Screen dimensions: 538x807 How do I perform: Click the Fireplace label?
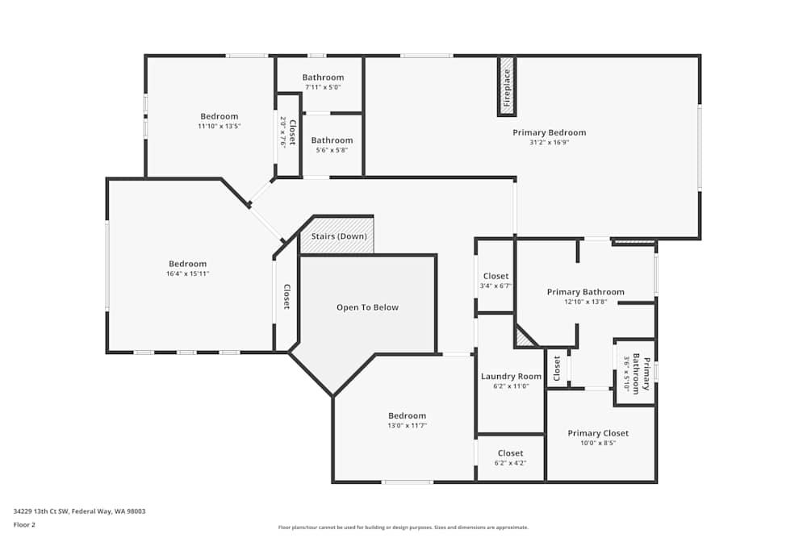pos(507,88)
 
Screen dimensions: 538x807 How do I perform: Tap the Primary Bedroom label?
pos(549,132)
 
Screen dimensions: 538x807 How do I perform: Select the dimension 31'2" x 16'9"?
pos(549,143)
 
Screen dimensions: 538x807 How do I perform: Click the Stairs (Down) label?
pos(339,236)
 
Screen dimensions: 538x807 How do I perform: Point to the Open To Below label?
pos(367,307)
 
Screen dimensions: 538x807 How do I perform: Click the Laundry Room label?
pos(511,377)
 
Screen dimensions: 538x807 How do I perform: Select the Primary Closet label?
pos(597,433)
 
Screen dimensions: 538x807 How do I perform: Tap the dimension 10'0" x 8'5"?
pos(597,443)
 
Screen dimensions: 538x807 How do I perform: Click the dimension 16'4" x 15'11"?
pos(187,273)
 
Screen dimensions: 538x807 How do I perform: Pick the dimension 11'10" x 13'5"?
pos(220,127)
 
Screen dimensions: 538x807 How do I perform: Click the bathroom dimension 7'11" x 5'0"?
pos(323,87)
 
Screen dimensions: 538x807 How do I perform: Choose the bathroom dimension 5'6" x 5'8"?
pos(332,150)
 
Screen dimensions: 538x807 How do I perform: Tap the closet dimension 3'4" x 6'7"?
pos(495,286)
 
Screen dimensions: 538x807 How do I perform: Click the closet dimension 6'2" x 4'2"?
pos(510,463)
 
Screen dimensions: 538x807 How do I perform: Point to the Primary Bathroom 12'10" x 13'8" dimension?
pos(585,302)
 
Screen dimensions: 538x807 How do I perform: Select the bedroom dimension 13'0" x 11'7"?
pos(407,426)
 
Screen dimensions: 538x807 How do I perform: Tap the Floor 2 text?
pos(24,524)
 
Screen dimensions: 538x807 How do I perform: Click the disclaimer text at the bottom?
pos(404,527)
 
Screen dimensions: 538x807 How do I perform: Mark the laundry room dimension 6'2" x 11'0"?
pos(511,386)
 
